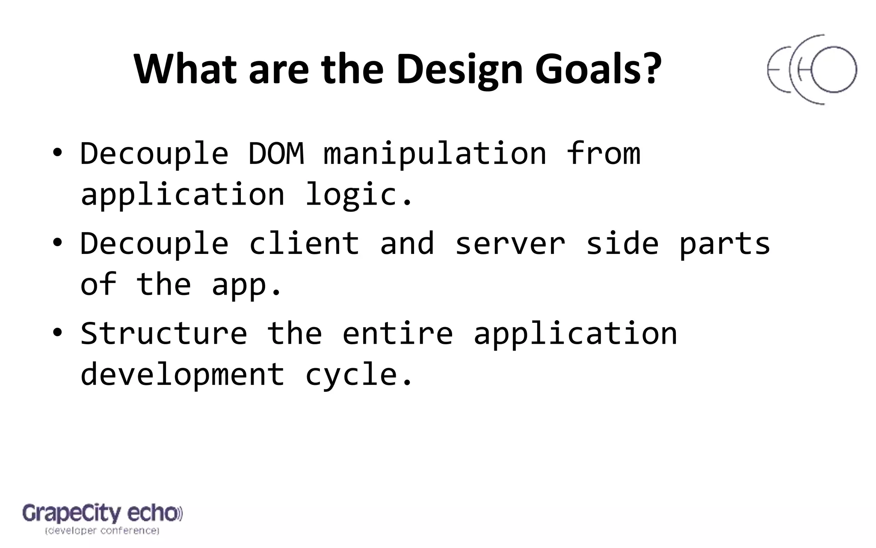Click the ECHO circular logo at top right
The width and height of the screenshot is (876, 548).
pyautogui.click(x=811, y=70)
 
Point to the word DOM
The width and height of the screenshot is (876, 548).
pyautogui.click(x=276, y=153)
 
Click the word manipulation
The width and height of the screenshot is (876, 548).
pyautogui.click(x=435, y=154)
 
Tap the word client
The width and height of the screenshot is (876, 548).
pyautogui.click(x=304, y=243)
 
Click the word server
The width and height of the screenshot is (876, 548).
pyautogui.click(x=510, y=244)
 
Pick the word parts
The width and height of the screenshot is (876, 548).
pyautogui.click(x=724, y=244)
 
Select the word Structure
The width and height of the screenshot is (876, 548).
pyautogui.click(x=164, y=333)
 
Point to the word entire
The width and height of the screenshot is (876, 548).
pyautogui.click(x=397, y=333)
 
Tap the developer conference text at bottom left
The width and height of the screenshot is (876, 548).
pyautogui.click(x=102, y=531)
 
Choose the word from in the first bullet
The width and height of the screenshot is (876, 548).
pyautogui.click(x=603, y=153)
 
